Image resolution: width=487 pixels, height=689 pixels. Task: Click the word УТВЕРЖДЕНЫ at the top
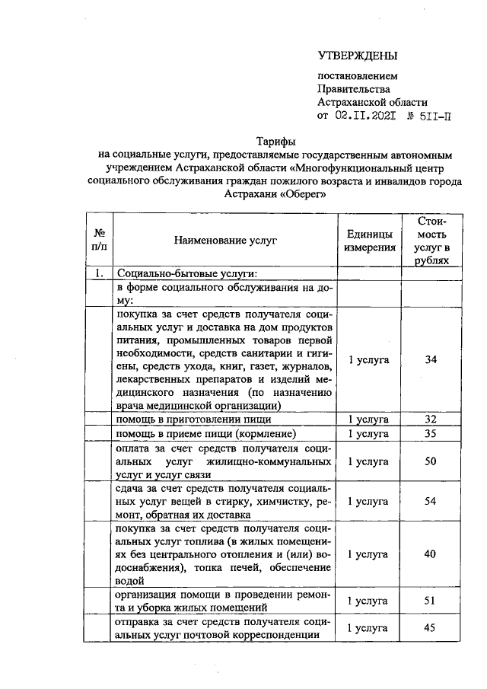coord(358,56)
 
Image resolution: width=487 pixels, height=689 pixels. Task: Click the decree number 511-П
coord(436,116)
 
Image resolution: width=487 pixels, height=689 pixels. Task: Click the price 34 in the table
coord(431,359)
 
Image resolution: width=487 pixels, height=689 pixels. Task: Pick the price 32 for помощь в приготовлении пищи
coord(431,419)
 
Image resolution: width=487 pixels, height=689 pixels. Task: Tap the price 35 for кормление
coord(431,434)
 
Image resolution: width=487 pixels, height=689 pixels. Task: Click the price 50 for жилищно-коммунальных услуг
coord(431,462)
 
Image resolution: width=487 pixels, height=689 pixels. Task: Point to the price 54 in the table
coord(431,502)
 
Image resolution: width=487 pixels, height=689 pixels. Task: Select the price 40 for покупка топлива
coord(431,554)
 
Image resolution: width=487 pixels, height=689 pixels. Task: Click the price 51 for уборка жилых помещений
coord(431,601)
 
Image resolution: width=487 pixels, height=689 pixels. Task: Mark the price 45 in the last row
coord(431,628)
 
